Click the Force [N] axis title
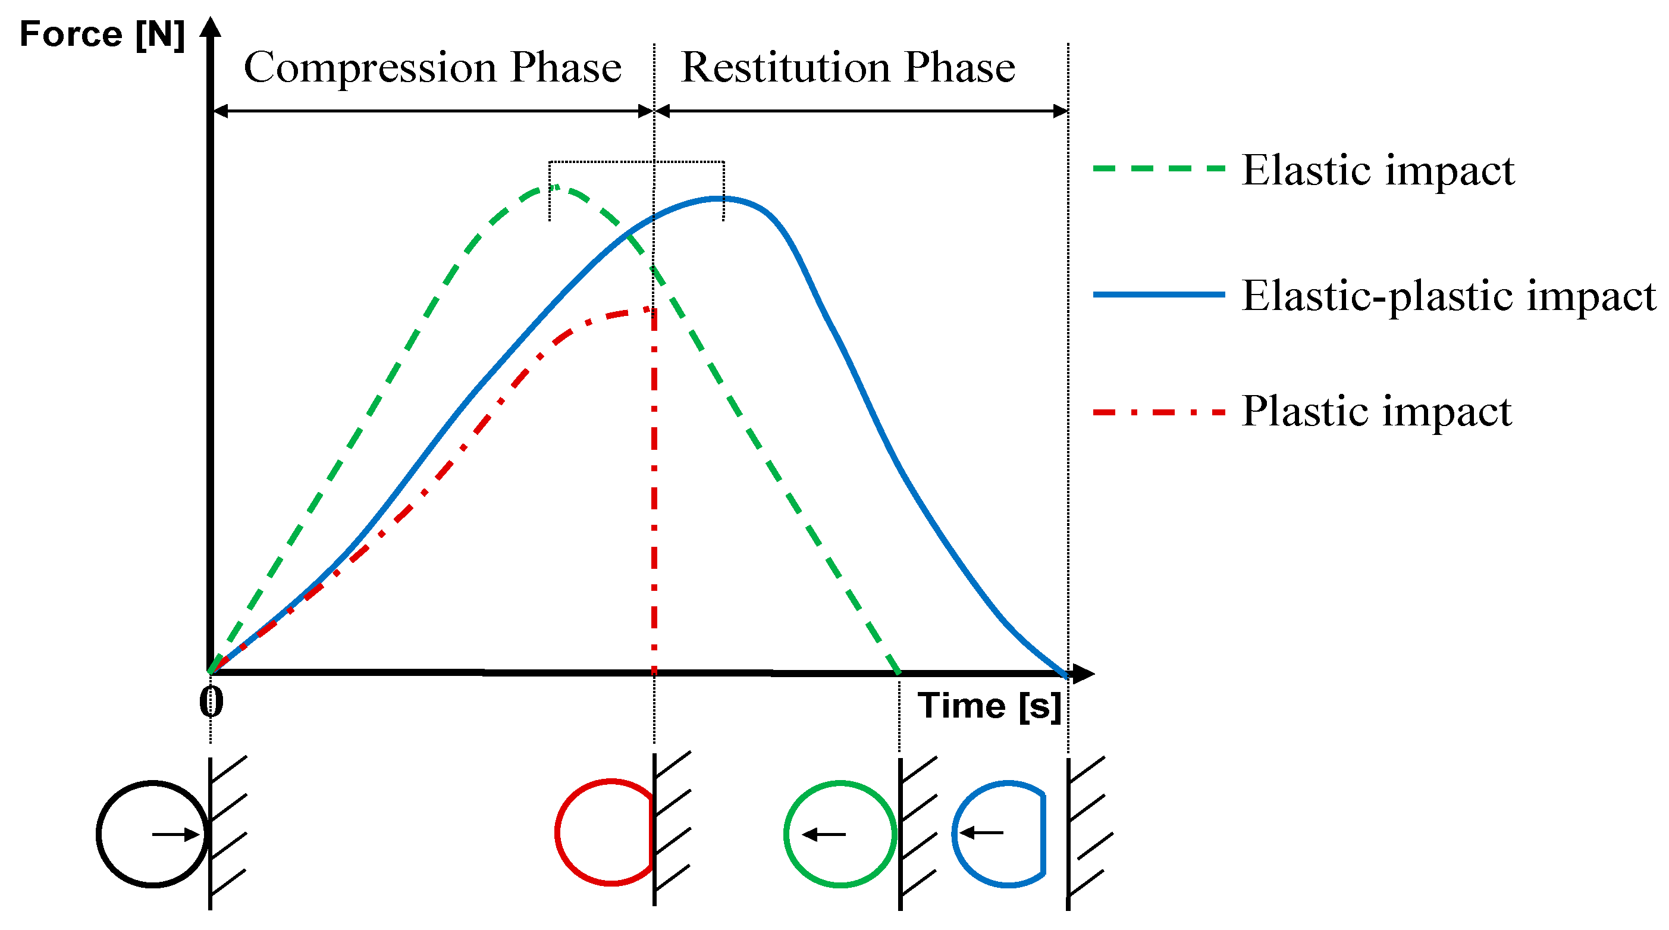pyautogui.click(x=102, y=34)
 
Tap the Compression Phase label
pyautogui.click(x=432, y=67)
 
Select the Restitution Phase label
pyautogui.click(x=848, y=67)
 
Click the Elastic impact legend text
pyautogui.click(x=1378, y=170)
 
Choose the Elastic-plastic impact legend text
pyautogui.click(x=1449, y=296)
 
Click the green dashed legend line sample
pyautogui.click(x=1159, y=168)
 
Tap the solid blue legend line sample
pyautogui.click(x=1159, y=294)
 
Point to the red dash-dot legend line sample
pyautogui.click(x=1159, y=412)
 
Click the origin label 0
pyautogui.click(x=211, y=702)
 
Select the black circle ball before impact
pyautogui.click(x=152, y=834)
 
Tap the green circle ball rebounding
pyautogui.click(x=840, y=834)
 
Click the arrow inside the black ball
pyautogui.click(x=175, y=834)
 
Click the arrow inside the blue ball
pyautogui.click(x=981, y=832)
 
